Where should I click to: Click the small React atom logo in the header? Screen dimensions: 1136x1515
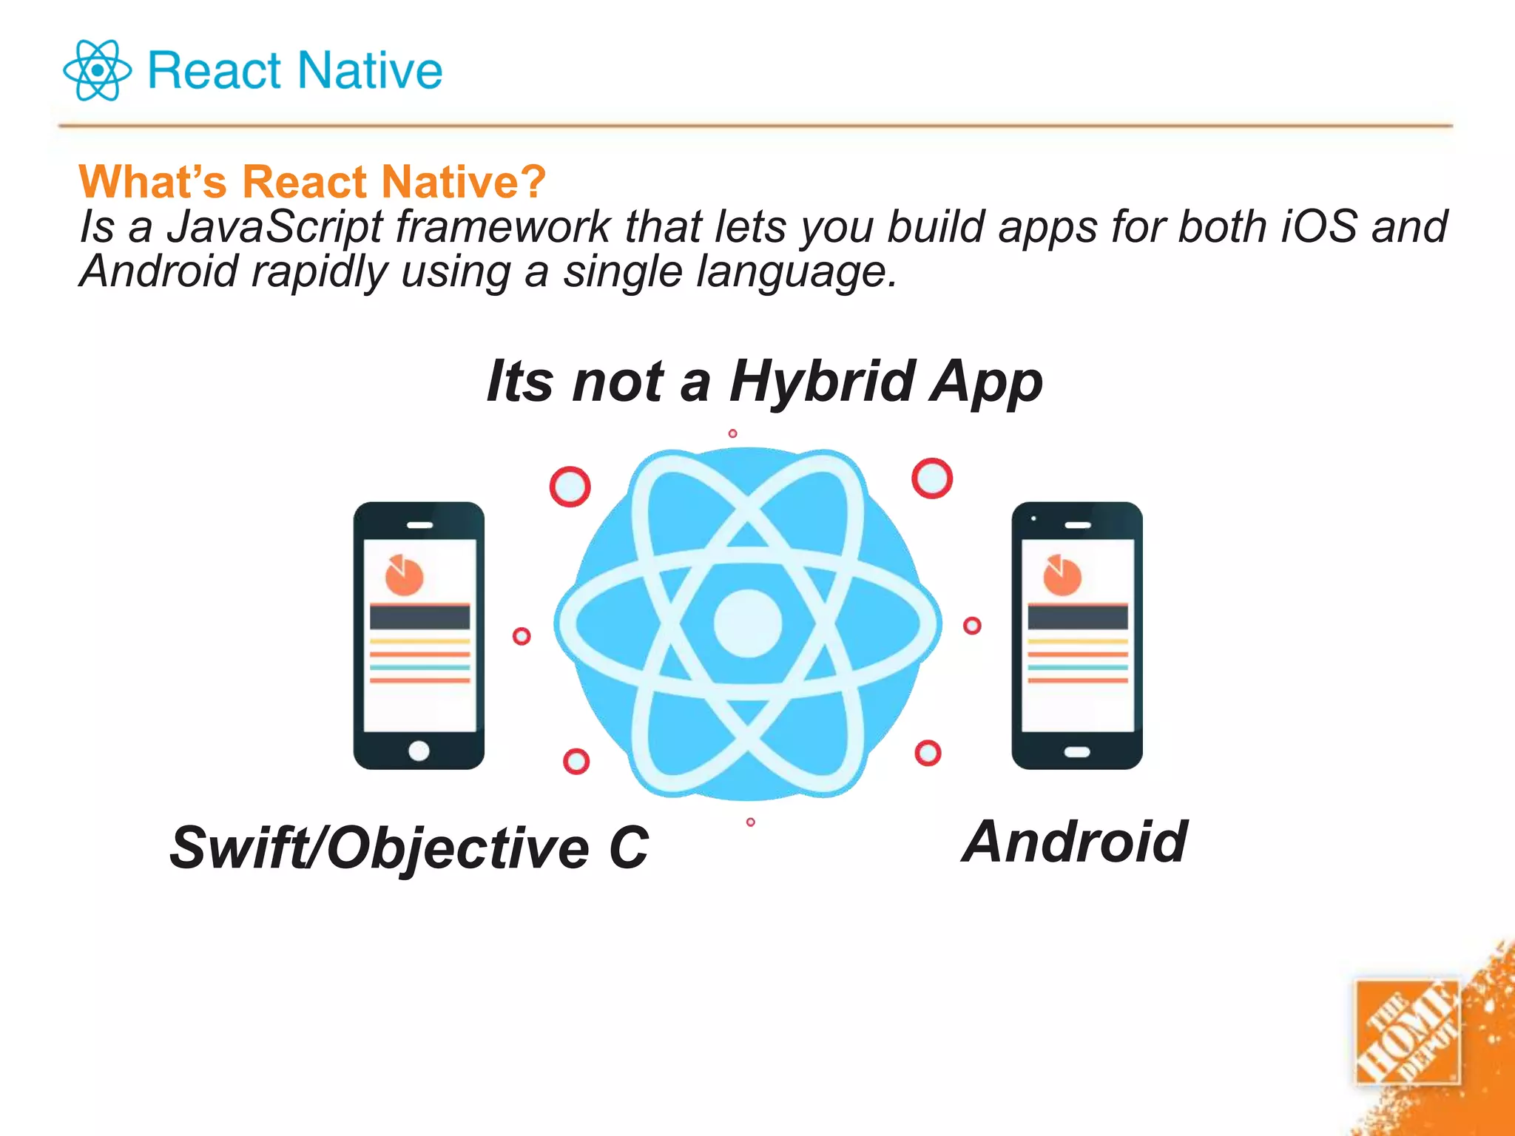point(97,70)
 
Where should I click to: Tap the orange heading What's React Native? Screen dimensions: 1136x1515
point(312,181)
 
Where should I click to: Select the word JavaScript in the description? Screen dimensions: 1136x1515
point(274,226)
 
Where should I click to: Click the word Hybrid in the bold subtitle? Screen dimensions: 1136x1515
point(823,382)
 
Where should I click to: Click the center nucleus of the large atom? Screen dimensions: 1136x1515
point(747,623)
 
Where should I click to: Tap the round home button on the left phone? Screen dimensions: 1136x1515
point(419,751)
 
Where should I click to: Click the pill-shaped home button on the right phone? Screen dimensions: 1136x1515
point(1077,752)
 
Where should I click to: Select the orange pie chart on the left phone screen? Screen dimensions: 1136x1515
point(404,575)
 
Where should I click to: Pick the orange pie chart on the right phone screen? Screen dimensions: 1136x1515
point(1062,575)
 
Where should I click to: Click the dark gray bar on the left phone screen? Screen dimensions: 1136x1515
point(419,617)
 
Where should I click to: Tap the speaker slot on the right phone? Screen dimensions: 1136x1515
point(1078,525)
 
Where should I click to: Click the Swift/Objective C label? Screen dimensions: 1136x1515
point(409,848)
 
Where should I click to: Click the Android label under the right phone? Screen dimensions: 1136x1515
point(1075,842)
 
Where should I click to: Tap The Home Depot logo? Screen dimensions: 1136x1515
point(1407,1032)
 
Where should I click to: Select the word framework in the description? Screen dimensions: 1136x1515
point(503,226)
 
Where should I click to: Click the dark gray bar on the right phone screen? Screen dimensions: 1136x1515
point(1078,617)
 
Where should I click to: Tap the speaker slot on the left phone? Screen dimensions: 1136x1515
point(419,525)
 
